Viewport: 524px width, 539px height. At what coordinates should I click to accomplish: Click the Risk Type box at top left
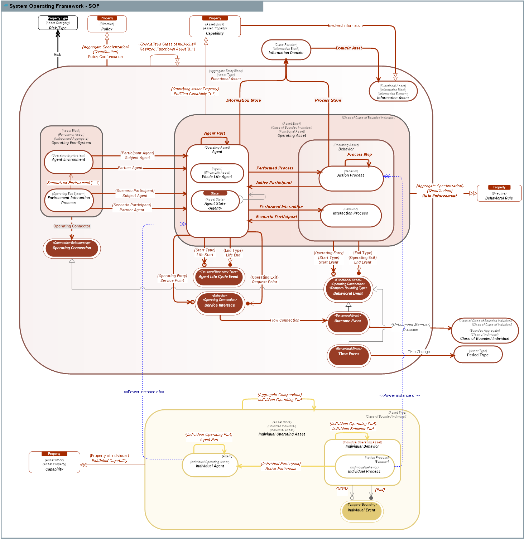click(58, 23)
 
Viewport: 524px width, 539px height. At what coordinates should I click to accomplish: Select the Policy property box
click(107, 24)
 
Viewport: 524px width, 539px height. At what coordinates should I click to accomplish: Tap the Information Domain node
click(286, 50)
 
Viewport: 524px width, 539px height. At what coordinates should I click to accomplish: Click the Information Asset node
click(393, 91)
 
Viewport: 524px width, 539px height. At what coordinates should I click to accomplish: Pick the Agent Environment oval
click(68, 162)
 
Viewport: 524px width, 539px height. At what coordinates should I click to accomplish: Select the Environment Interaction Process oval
click(68, 200)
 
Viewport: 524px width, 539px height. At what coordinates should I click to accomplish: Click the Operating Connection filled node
click(72, 248)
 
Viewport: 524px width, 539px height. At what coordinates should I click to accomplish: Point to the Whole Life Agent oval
click(217, 173)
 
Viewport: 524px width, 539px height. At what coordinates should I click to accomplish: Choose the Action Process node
click(351, 178)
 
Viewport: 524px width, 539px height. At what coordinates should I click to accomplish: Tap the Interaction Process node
click(350, 215)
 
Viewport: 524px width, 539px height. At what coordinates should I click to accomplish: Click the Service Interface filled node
click(220, 303)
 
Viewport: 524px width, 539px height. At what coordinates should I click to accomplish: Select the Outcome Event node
click(347, 322)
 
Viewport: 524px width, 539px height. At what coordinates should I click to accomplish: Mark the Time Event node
click(348, 355)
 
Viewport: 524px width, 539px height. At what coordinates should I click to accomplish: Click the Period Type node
click(477, 354)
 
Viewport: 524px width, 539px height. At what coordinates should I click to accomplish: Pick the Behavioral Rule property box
click(499, 193)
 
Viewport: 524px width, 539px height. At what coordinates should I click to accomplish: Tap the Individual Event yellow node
click(361, 510)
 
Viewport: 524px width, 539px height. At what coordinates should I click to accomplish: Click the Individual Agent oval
click(210, 465)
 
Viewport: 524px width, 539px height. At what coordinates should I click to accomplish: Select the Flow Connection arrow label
click(285, 320)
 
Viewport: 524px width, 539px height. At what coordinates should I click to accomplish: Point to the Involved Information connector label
click(345, 25)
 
